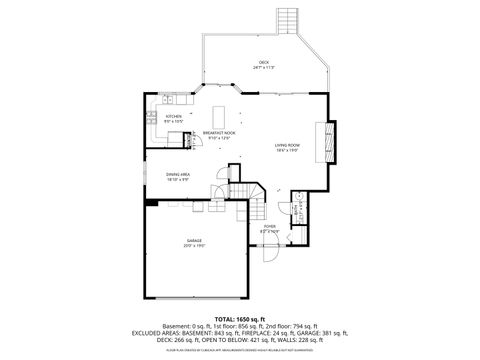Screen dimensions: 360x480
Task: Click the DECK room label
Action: tap(264, 62)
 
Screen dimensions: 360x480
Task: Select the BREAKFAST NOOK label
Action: tap(218, 133)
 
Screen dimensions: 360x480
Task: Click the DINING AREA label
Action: tap(178, 174)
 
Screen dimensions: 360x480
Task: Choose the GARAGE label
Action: tap(194, 242)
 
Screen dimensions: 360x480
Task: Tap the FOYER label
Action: tap(270, 227)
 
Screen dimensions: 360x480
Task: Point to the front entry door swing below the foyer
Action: tap(270, 256)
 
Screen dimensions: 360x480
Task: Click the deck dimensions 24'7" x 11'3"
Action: tap(264, 68)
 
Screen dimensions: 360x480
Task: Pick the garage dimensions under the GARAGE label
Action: tap(194, 248)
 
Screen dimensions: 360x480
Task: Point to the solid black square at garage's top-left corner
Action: tap(151, 204)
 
